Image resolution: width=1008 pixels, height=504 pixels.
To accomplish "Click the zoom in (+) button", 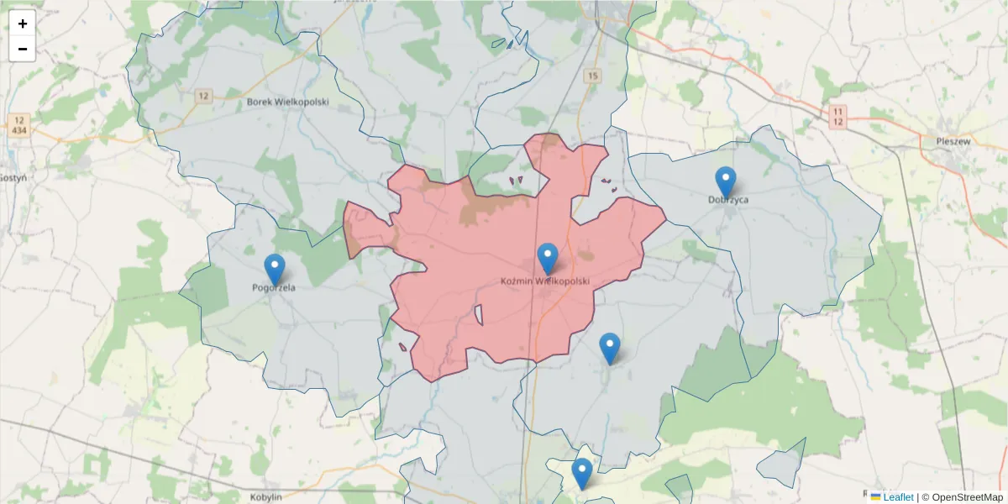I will (23, 24).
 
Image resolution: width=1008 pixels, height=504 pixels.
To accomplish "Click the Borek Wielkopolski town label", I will (288, 102).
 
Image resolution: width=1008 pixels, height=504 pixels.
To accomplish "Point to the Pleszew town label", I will (953, 141).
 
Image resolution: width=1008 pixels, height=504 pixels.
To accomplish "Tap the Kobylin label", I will (265, 496).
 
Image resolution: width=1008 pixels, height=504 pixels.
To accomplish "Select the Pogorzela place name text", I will (275, 287).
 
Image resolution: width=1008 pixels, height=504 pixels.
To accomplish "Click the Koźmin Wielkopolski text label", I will (545, 281).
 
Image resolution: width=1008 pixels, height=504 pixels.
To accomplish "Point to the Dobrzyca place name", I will (727, 200).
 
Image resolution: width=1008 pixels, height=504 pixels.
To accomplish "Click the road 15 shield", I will (594, 76).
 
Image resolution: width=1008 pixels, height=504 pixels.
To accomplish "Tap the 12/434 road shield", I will (20, 124).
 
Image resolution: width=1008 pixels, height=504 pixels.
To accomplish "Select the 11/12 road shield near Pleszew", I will (837, 117).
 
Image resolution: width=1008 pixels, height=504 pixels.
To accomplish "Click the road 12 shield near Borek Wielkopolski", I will (202, 96).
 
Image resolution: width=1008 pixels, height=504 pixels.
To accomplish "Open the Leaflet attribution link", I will (898, 497).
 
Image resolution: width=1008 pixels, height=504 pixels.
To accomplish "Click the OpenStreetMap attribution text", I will (962, 497).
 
